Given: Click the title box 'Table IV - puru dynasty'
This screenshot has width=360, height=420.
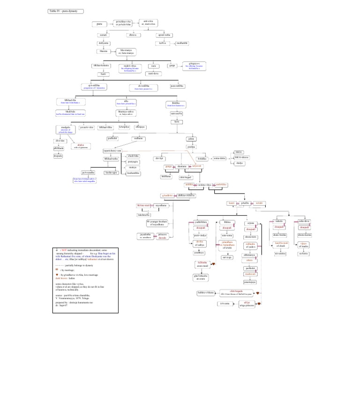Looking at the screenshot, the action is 65,11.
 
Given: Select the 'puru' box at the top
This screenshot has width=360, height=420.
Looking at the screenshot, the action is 99,23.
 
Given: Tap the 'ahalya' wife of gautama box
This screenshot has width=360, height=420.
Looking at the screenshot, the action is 81,146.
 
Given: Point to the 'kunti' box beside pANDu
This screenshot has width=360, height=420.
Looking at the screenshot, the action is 231,203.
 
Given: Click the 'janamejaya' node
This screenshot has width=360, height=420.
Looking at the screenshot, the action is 249,282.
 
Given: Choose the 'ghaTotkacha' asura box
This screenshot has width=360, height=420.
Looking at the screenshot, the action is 201,278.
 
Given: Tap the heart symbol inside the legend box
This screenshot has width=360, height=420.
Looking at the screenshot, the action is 57,275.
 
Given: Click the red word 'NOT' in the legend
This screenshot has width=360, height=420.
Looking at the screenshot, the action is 64,251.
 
